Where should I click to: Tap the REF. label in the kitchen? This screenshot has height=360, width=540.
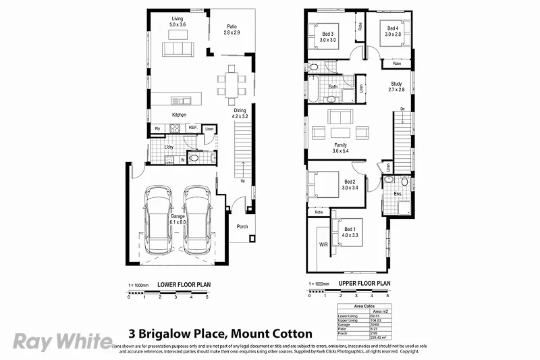click(x=192, y=128)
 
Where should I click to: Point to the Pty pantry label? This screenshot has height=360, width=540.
click(x=157, y=128)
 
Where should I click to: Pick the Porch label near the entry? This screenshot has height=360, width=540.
click(x=242, y=226)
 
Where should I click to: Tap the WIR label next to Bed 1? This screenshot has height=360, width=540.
click(x=323, y=245)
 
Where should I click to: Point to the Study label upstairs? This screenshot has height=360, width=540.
click(x=396, y=84)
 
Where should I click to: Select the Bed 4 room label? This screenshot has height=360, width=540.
click(x=392, y=29)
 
